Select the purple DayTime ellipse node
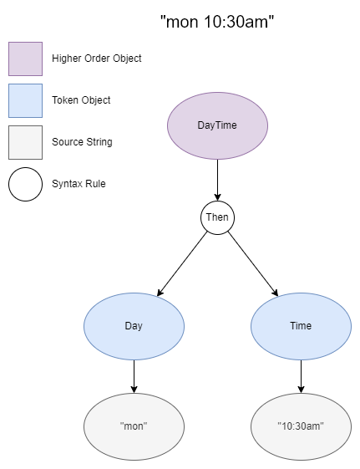point(217,125)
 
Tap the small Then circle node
point(217,217)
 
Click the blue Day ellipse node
point(134,325)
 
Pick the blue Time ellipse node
point(301,325)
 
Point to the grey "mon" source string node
point(134,426)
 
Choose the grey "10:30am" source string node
point(301,426)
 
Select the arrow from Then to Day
point(182,263)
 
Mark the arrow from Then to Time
point(253,263)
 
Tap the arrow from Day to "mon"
point(134,375)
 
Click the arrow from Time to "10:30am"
point(301,375)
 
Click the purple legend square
point(25,59)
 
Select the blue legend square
point(25,100)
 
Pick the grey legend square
point(25,142)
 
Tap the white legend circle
point(25,184)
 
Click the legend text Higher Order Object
point(97,59)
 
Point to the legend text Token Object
point(81,100)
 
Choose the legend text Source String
point(82,142)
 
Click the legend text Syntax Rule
point(78,184)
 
